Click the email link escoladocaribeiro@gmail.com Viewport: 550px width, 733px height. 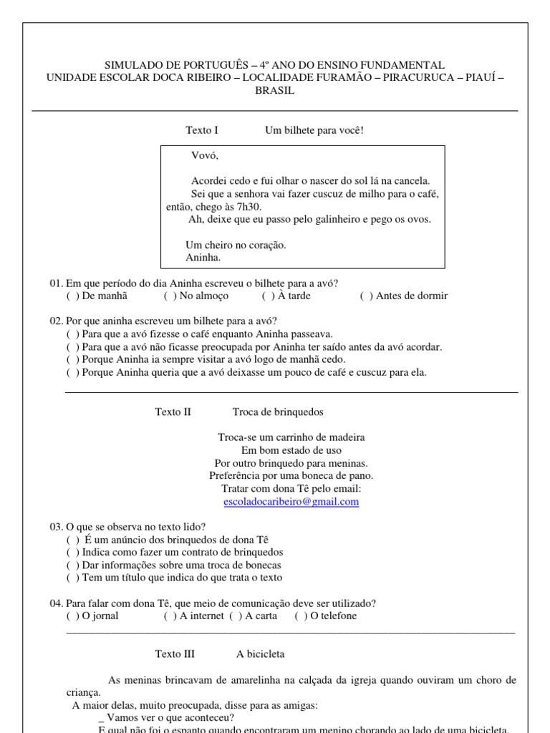coord(291,502)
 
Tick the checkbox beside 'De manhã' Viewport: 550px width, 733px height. coord(72,296)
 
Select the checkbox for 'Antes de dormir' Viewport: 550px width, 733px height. coord(367,296)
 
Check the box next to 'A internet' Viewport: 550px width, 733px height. coord(170,616)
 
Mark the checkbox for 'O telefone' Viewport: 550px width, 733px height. coord(301,616)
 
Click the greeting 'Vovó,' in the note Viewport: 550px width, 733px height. coord(205,155)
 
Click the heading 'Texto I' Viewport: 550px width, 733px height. coord(202,130)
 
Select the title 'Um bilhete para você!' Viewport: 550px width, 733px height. coord(314,130)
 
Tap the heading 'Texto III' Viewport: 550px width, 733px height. coord(175,654)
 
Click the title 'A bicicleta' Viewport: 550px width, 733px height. coord(261,654)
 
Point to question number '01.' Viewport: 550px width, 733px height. coord(57,283)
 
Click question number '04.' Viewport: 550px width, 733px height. coord(57,603)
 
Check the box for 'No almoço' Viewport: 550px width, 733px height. coord(170,296)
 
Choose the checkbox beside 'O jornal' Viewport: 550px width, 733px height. coord(72,616)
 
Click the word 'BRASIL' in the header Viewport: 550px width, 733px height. coord(274,91)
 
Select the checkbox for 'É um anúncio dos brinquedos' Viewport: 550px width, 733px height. coord(72,540)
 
